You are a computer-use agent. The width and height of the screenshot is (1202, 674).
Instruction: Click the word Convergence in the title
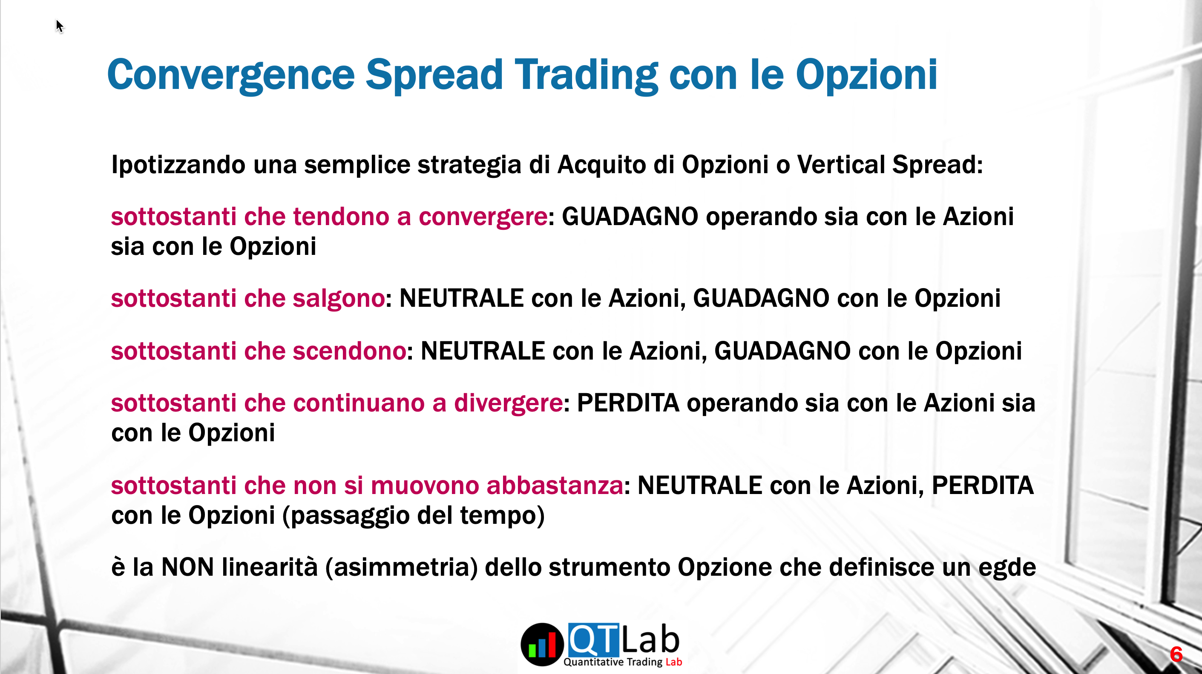pos(231,75)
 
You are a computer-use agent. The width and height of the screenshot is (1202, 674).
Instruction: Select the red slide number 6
pos(1176,654)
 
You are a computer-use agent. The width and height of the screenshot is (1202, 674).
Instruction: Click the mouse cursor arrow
pos(59,26)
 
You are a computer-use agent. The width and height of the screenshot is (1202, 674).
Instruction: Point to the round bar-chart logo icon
pos(542,645)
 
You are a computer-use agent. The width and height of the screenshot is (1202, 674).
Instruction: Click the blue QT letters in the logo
pos(593,640)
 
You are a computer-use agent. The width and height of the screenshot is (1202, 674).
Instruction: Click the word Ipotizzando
pos(178,166)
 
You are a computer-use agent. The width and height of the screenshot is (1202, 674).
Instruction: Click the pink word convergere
pos(483,217)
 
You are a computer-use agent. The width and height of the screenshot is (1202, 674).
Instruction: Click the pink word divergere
pos(509,404)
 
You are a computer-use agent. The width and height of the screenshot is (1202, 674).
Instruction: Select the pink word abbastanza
pos(555,486)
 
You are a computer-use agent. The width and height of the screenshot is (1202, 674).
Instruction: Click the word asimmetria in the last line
pos(402,568)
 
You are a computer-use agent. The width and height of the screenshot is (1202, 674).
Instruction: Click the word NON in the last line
pos(187,568)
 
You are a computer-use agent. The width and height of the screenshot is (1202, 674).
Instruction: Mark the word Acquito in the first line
pos(602,166)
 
